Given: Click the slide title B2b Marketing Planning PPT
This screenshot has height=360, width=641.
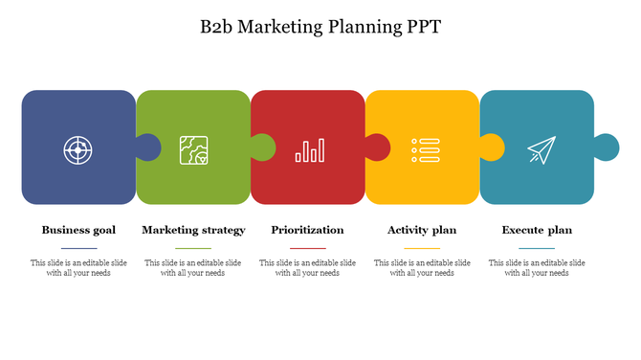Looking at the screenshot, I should click(320, 27).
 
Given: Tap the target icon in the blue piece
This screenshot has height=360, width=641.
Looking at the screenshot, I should click(77, 149).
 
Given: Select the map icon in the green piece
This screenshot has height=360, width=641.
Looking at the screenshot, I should click(193, 149).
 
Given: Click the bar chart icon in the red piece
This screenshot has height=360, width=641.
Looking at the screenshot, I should click(309, 149).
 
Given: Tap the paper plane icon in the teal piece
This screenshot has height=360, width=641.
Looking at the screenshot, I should click(541, 149).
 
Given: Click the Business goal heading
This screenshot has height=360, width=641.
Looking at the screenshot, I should click(78, 230).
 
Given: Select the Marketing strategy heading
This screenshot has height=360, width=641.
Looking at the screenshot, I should click(193, 230).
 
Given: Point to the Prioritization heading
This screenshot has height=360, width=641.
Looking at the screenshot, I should click(307, 230).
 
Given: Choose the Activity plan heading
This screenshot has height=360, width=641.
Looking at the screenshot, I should click(422, 230).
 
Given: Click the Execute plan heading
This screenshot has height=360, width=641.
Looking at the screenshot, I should click(537, 230).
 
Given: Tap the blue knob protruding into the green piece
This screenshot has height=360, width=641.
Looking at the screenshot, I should click(149, 147).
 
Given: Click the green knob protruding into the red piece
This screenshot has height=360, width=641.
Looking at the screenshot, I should click(263, 147).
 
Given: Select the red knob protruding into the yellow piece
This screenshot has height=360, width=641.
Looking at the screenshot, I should click(378, 147).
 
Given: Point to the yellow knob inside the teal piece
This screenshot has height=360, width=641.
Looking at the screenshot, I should click(493, 147).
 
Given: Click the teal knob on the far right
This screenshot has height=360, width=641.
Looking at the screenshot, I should click(608, 147).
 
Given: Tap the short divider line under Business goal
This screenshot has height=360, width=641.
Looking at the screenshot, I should click(78, 248).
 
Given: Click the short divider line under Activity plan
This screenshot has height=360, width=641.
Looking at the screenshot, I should click(422, 248).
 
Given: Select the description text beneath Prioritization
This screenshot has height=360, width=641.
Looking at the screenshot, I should click(307, 267).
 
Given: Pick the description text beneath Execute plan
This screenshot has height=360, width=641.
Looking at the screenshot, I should click(537, 267).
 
